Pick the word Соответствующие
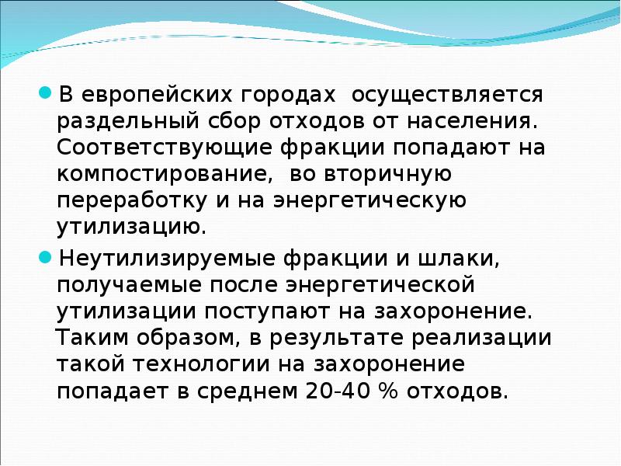(147, 148)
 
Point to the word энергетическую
(369, 200)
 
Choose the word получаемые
(123, 283)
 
